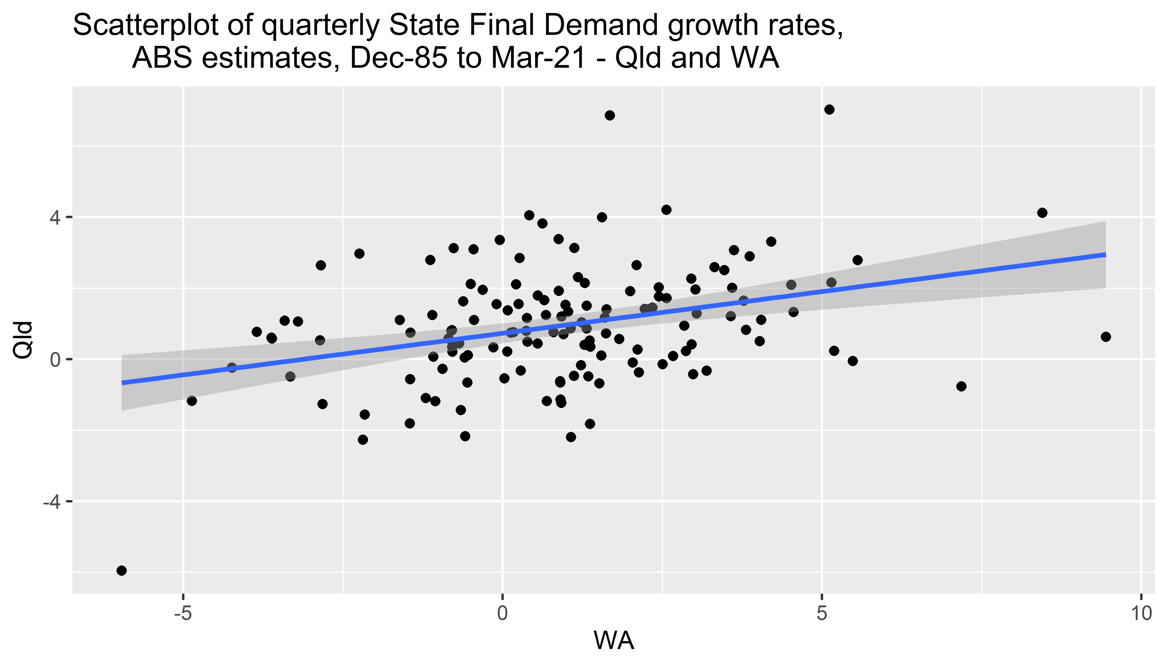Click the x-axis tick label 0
[x=503, y=614]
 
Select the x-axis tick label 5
[x=822, y=614]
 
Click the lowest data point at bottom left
[x=121, y=570]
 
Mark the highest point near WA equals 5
[x=829, y=110]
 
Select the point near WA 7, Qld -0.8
[x=961, y=386]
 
